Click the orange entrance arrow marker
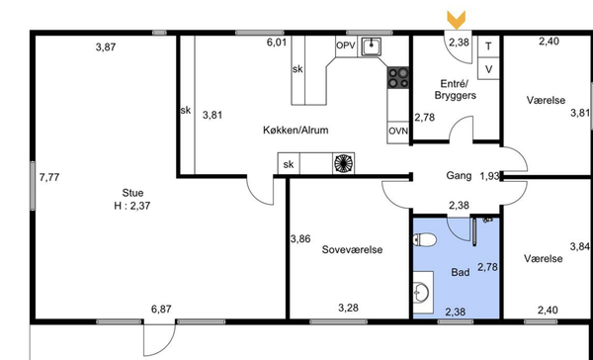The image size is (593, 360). (x=456, y=20)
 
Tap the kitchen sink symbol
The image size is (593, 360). (x=372, y=46)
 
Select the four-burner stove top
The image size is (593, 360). (x=398, y=77)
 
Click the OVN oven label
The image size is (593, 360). (x=398, y=131)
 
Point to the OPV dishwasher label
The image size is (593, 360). (x=346, y=45)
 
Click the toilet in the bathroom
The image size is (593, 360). (x=425, y=239)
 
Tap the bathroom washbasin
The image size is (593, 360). (x=421, y=292)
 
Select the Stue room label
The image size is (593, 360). (x=132, y=193)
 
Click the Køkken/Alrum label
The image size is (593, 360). (x=296, y=131)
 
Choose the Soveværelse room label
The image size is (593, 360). (x=352, y=249)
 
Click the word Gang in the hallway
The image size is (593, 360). (x=459, y=176)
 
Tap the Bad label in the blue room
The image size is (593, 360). (x=461, y=272)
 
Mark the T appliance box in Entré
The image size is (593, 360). (x=488, y=46)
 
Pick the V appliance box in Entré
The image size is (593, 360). (x=488, y=68)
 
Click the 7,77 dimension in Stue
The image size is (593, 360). (x=49, y=177)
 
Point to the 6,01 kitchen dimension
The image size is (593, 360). (x=277, y=42)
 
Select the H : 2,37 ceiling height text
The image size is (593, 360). (x=132, y=206)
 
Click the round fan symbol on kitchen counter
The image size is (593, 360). (x=343, y=163)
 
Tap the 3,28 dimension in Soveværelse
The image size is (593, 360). (x=348, y=308)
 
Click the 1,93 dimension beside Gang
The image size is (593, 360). (x=489, y=176)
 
